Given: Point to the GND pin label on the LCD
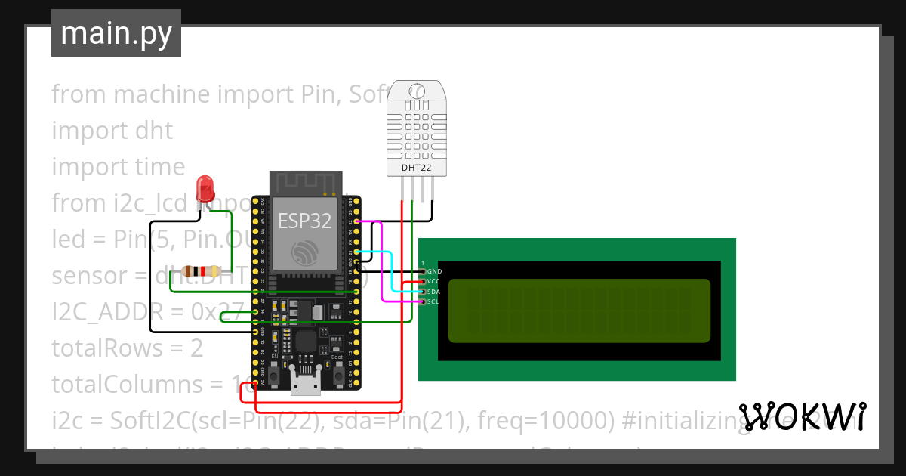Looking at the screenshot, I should tap(434, 271).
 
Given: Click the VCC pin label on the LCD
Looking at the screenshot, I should tap(433, 281).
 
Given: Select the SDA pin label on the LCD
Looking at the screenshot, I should tap(433, 292).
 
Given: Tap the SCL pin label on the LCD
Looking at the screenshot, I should tap(433, 301).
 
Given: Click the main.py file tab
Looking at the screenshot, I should tap(116, 33).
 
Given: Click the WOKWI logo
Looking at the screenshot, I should tap(803, 416).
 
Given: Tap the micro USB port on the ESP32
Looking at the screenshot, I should tap(305, 385).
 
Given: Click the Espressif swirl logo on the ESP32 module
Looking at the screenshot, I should tap(305, 252).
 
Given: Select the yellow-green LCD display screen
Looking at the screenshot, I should tap(579, 310).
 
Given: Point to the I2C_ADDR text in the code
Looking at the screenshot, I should tap(106, 312).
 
